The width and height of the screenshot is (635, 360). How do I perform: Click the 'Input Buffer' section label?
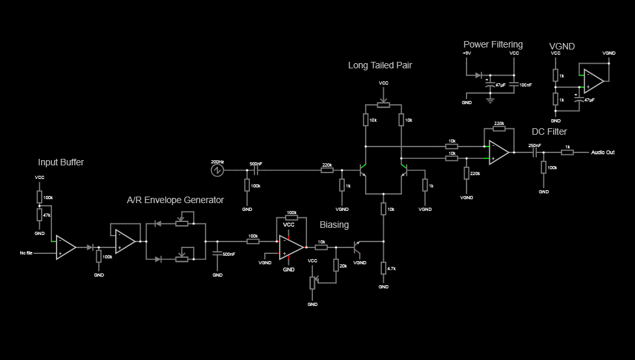click(x=61, y=162)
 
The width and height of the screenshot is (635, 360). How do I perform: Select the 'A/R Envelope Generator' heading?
click(x=175, y=200)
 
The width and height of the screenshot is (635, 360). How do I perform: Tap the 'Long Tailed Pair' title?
click(x=380, y=65)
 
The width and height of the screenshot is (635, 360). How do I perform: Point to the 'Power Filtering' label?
click(x=493, y=44)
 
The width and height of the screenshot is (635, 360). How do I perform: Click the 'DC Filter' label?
click(x=549, y=132)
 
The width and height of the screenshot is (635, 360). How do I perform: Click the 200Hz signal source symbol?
click(x=217, y=170)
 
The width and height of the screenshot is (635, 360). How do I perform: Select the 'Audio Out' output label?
click(x=602, y=152)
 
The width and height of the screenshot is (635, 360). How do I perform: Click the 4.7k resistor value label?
click(x=392, y=268)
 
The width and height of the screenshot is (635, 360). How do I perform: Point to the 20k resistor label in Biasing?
click(x=344, y=266)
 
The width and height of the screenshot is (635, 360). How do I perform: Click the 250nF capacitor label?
click(x=534, y=145)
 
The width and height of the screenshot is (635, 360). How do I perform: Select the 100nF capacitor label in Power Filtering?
click(x=524, y=85)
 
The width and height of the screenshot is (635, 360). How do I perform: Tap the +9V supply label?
click(x=466, y=53)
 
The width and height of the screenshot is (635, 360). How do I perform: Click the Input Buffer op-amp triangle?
click(x=64, y=247)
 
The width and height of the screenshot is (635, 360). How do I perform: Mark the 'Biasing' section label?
click(x=334, y=225)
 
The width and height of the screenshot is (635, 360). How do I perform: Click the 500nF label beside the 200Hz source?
click(x=256, y=163)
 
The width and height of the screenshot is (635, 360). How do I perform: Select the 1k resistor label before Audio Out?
click(x=567, y=146)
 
